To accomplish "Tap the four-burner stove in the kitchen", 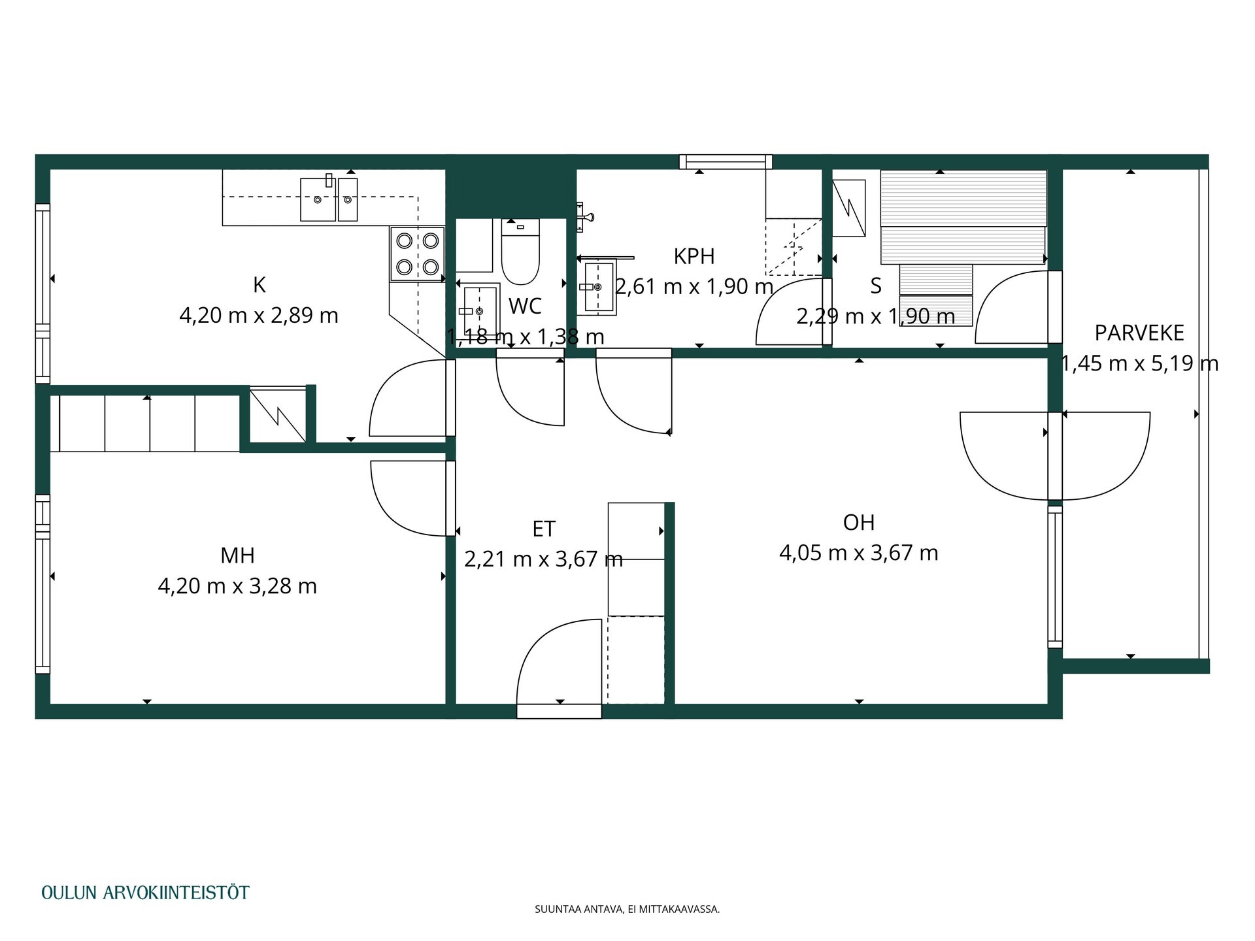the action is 418,254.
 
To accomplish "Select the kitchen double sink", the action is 329,199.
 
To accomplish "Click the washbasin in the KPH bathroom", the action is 599,286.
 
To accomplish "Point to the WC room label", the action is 525,306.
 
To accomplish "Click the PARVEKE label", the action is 1139,333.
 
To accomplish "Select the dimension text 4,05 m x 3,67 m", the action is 859,553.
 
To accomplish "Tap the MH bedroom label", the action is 237,555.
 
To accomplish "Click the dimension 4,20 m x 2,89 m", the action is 259,316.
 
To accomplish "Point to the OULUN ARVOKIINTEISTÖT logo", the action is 145,893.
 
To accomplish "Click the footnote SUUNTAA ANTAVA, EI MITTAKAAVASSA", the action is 627,909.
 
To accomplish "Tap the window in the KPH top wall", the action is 726,161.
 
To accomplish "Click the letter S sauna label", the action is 876,286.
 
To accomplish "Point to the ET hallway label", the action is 544,529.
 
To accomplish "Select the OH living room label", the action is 859,523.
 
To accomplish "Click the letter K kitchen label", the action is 259,285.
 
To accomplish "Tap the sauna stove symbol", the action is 848,208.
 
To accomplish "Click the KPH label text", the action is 694,256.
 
